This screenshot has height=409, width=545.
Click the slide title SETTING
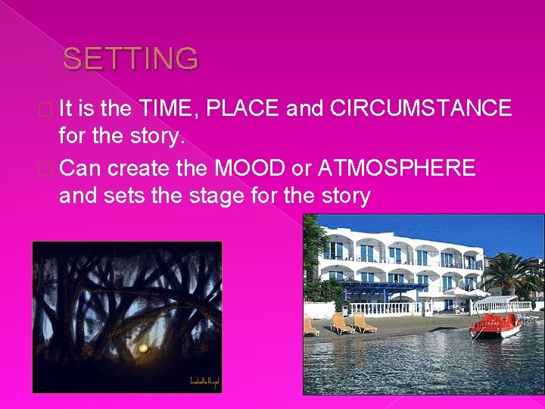tap(130, 58)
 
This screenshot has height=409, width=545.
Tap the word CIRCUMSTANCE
tap(422, 108)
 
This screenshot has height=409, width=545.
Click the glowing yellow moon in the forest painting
tap(142, 348)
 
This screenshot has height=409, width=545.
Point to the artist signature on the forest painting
tap(202, 381)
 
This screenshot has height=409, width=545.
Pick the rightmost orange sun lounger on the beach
tap(366, 323)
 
